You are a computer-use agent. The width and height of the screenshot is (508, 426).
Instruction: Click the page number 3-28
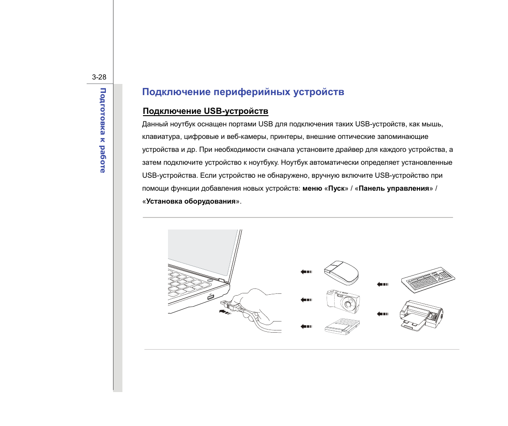99,77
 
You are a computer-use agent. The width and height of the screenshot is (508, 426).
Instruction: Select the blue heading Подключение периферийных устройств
243,92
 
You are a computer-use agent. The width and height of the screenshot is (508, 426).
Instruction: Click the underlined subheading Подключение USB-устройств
206,111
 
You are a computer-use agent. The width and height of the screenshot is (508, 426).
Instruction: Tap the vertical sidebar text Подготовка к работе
103,130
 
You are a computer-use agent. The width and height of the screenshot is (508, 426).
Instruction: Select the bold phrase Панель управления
394,188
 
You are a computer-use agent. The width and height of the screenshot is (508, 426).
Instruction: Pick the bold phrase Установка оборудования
191,201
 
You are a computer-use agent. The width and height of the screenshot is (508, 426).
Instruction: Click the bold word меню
311,188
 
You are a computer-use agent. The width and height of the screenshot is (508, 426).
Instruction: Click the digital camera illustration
342,301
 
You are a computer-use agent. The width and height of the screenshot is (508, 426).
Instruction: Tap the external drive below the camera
342,326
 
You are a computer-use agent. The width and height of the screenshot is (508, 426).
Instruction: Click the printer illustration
420,315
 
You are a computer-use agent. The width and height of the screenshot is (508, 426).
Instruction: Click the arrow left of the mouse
306,271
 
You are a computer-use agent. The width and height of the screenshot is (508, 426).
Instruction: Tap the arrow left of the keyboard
382,284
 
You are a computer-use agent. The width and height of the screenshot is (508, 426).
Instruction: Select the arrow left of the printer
382,314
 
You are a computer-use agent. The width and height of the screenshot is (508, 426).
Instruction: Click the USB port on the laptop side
210,297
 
